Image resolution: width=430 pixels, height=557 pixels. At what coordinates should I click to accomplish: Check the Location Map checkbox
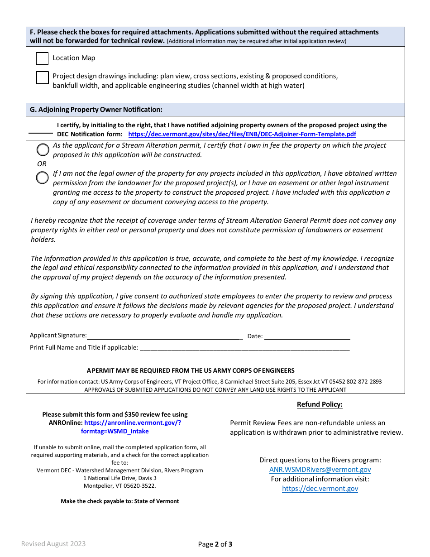42,58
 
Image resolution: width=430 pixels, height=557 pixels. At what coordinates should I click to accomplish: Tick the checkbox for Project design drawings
42,78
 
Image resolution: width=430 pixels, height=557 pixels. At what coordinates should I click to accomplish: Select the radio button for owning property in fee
43,149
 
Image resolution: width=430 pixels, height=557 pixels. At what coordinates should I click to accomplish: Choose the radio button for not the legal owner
43,178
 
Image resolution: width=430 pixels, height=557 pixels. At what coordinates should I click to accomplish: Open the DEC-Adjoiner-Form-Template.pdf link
242,134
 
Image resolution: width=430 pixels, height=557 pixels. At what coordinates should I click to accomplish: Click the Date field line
307,337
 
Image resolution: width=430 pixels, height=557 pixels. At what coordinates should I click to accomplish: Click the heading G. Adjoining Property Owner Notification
96,110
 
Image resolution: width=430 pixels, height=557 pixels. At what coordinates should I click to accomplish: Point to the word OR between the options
42,164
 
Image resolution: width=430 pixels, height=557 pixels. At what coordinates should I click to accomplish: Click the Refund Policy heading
320,404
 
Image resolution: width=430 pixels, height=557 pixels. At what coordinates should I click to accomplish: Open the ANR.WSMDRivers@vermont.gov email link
320,470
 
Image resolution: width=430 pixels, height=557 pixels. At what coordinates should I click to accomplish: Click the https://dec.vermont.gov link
320,489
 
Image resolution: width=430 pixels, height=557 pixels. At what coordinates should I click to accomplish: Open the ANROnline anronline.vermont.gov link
132,423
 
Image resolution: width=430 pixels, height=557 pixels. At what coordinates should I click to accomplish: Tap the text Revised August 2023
53,544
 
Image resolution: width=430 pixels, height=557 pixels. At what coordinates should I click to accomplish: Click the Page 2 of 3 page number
215,544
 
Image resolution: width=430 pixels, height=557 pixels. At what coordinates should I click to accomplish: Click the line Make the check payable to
120,501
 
